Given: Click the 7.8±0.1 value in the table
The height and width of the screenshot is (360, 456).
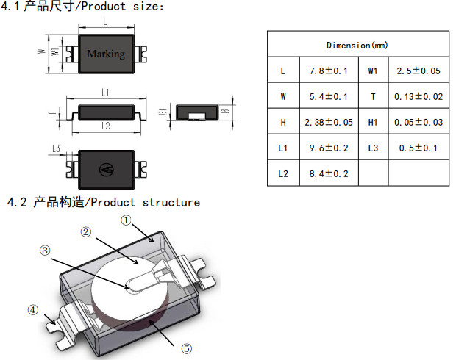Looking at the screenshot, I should [x=328, y=72].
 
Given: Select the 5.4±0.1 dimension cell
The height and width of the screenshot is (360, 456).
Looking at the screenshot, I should [x=328, y=97].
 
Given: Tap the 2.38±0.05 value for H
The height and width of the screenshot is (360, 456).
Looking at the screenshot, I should [x=328, y=123].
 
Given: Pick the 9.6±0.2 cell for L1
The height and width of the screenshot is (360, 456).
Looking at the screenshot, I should [x=328, y=148].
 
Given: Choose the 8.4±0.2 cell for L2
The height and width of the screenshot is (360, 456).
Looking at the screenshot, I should [x=328, y=173].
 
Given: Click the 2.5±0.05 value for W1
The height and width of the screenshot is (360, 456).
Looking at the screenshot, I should [x=418, y=72].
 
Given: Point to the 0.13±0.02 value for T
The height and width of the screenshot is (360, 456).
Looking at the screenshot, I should [x=418, y=97].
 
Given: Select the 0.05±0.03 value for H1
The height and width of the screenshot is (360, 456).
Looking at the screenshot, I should [x=418, y=123].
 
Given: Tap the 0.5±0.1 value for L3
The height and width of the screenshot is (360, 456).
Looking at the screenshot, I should [x=418, y=148].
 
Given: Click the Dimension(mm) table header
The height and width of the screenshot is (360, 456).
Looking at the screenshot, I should [x=357, y=46].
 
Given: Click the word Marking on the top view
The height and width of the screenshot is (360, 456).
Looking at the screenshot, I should [x=106, y=54].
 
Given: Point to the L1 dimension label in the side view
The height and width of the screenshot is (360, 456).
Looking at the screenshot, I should [x=106, y=93].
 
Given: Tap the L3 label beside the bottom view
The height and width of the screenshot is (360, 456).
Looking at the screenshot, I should [x=56, y=149].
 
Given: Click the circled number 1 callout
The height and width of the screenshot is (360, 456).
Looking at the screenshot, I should [x=127, y=220].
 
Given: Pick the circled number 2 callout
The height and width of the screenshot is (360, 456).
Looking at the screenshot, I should [x=86, y=232].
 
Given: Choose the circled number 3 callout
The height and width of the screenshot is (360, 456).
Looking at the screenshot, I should [x=45, y=251].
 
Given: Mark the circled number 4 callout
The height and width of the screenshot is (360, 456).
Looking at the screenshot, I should [x=32, y=310].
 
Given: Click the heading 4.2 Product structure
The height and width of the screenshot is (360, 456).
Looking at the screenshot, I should [x=103, y=202].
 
